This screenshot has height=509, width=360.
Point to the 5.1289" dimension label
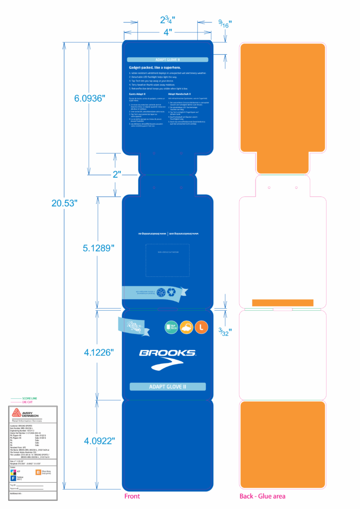point(98,248)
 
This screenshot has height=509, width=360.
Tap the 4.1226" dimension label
point(98,352)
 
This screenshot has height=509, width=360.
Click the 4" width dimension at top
point(168,31)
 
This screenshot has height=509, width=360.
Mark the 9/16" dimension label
point(225,23)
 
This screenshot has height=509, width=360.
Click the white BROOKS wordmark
point(167,353)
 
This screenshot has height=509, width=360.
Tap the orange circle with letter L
point(201,328)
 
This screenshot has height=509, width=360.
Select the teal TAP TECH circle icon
point(171,328)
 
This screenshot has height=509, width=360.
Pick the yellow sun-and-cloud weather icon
point(186,328)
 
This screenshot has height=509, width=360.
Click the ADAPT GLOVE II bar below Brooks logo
point(168,386)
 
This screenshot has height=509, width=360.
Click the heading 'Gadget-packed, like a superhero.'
point(155,67)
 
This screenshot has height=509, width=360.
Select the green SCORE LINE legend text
point(30,398)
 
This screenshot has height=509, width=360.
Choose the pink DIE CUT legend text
point(29,402)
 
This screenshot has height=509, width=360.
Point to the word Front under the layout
point(132,496)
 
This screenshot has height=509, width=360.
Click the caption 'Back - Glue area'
point(262,496)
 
